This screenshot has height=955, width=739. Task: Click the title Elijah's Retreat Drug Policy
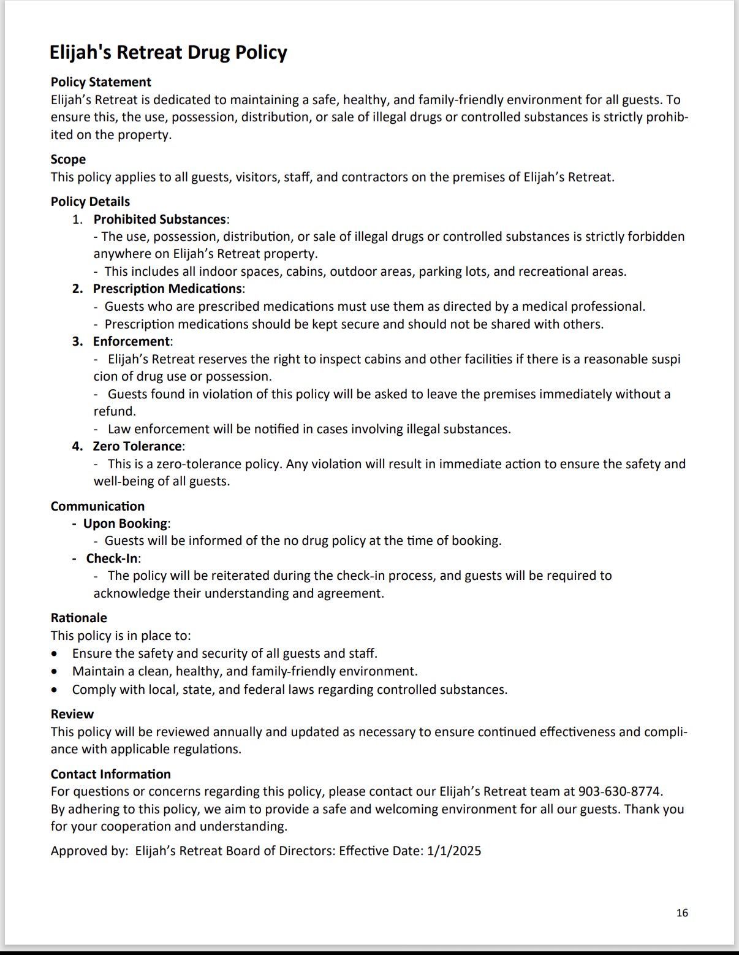[168, 52]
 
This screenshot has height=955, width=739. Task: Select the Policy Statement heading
[100, 82]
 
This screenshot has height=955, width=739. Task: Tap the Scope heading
[68, 159]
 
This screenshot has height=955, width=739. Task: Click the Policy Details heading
[90, 202]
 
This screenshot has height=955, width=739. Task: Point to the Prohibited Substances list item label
[159, 219]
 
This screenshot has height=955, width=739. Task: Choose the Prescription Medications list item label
[167, 289]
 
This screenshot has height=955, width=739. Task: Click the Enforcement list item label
[131, 341]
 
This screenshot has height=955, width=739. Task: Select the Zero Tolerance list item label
[137, 446]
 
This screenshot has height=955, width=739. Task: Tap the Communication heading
[97, 506]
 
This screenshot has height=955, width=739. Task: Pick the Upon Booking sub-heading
[125, 523]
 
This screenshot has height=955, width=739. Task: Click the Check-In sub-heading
[112, 558]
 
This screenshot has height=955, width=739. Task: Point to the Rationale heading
[78, 618]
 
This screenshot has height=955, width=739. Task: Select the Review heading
[72, 714]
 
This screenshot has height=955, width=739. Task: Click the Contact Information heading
[110, 774]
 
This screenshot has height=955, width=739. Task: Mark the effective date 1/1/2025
[453, 851]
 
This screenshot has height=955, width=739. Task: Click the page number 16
[682, 913]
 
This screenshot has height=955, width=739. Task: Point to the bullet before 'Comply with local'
[56, 690]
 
